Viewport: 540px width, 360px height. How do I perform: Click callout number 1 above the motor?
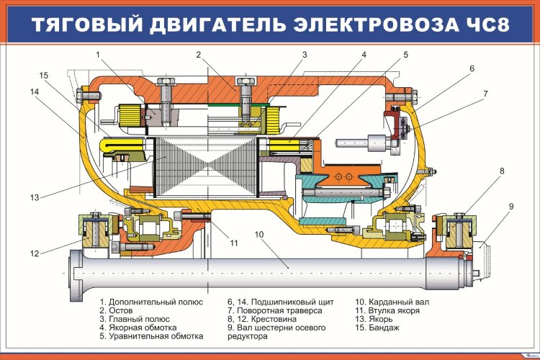[97, 54]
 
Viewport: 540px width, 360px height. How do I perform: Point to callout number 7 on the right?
[486, 94]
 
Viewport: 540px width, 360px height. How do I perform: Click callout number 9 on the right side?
[510, 207]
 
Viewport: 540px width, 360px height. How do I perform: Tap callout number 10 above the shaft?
[259, 235]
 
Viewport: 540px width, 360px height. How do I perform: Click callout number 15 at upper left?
[43, 75]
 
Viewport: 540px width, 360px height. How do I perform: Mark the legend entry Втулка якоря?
[389, 310]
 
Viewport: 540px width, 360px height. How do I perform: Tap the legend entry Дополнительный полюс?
[151, 302]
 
